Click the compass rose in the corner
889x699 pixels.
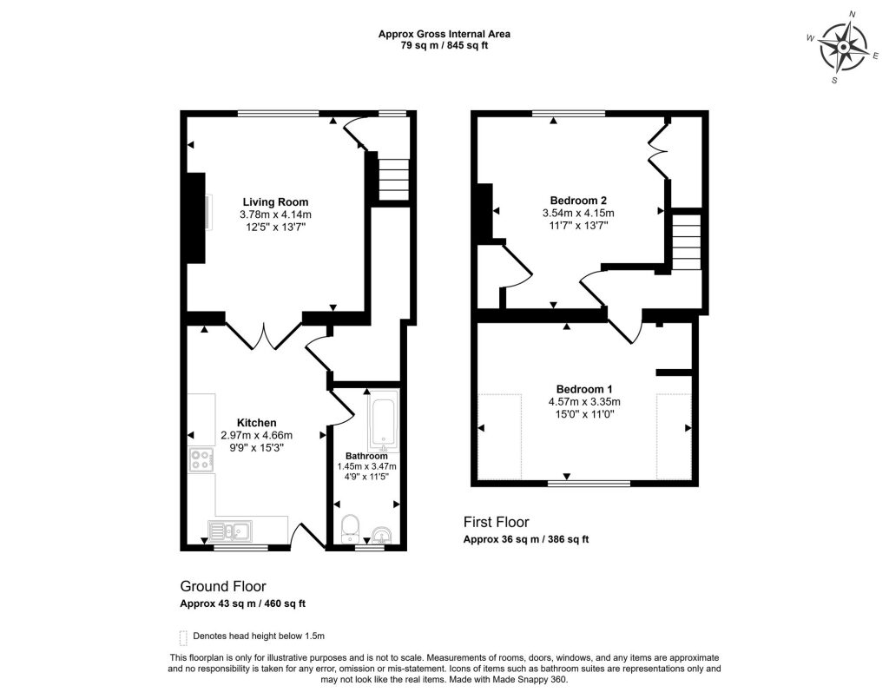[x=843, y=47]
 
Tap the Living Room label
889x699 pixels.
[x=275, y=202]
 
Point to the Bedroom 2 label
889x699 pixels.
[x=577, y=200]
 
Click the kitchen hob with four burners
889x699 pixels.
[x=201, y=459]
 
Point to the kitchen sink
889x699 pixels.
[x=229, y=529]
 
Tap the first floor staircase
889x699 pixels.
[x=686, y=242]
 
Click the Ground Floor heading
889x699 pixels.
[x=222, y=586]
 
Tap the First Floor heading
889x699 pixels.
[x=495, y=522]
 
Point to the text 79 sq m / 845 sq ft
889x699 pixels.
[x=444, y=46]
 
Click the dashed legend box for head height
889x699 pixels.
[x=182, y=636]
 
